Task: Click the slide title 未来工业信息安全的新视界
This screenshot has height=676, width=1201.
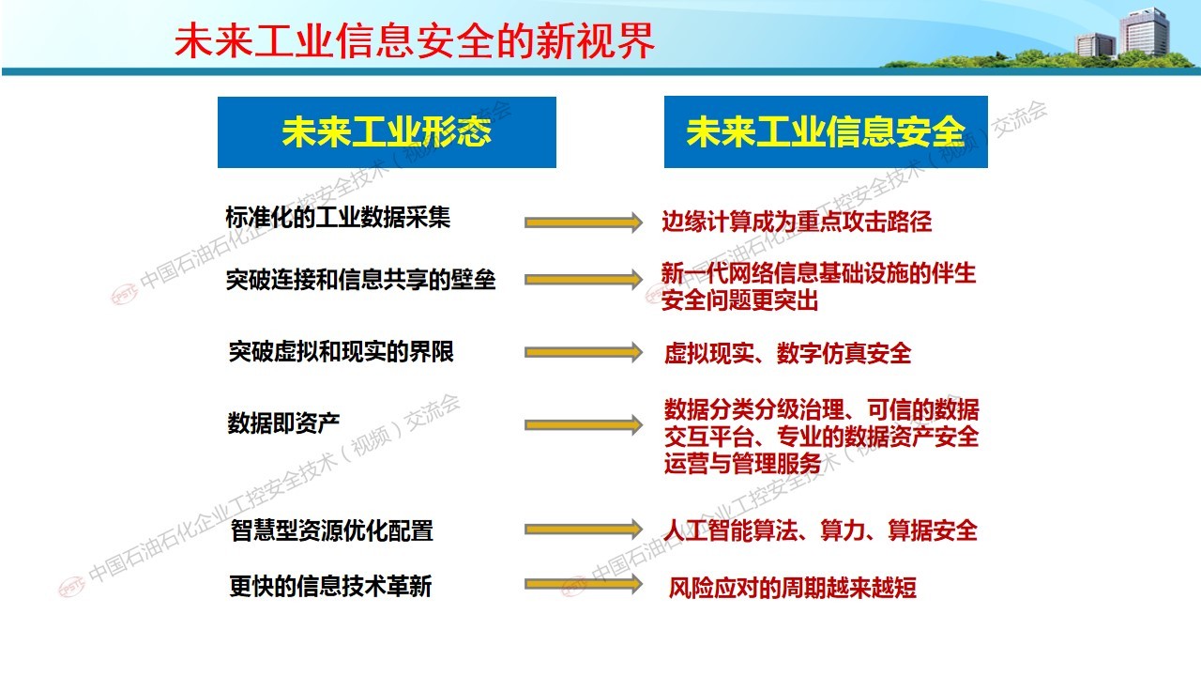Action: (x=415, y=40)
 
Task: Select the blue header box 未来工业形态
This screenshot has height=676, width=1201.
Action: (x=387, y=132)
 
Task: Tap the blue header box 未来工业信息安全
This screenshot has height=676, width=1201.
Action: (x=826, y=132)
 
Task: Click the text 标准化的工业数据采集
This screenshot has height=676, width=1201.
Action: (x=338, y=217)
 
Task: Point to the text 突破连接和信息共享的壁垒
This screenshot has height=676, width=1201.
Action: (x=361, y=280)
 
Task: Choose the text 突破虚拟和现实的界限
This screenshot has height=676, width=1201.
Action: (x=341, y=352)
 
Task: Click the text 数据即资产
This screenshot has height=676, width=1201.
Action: (x=283, y=422)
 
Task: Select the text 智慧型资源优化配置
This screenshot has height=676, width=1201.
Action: (x=332, y=530)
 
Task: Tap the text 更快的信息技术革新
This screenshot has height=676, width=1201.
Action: (x=330, y=586)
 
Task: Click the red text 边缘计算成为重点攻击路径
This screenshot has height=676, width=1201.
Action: (x=797, y=222)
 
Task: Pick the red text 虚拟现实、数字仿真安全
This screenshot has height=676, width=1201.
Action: (x=787, y=353)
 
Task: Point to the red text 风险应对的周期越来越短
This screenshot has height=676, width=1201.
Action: (x=793, y=588)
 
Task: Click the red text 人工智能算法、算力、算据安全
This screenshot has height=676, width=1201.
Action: (x=820, y=530)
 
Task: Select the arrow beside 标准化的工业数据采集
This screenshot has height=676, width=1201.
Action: (x=584, y=223)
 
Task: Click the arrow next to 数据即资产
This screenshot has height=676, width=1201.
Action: (x=584, y=425)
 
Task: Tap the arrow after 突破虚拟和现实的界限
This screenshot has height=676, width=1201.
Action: (x=584, y=352)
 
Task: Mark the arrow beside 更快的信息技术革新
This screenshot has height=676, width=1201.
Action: (x=584, y=584)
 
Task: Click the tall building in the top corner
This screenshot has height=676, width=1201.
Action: (x=1144, y=31)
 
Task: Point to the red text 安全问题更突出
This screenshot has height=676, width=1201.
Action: (x=740, y=300)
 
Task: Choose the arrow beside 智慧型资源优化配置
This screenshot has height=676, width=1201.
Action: (x=584, y=530)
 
